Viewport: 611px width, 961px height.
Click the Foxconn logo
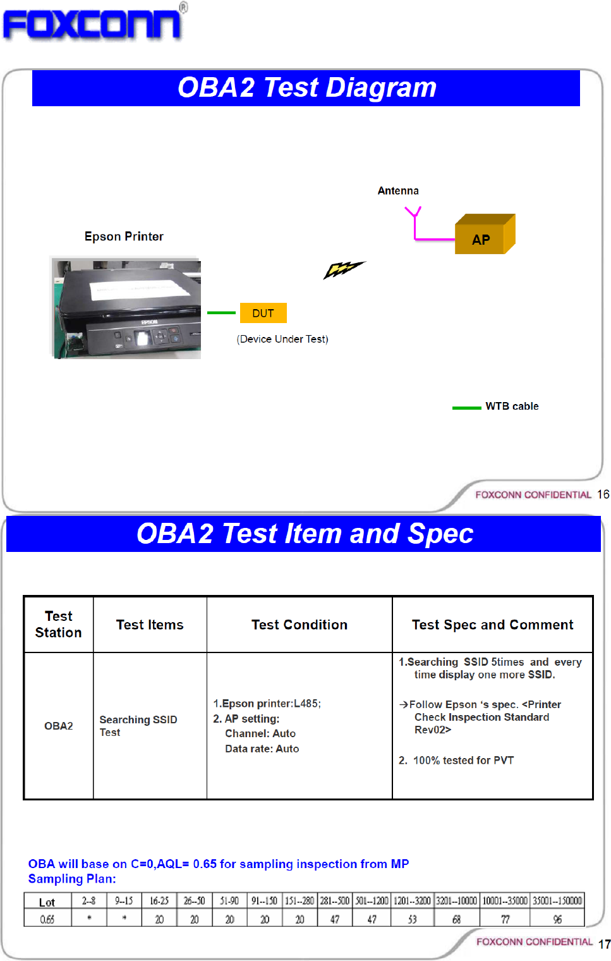[92, 24]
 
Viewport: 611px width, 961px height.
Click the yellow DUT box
[263, 313]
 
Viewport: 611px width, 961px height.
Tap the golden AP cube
[484, 235]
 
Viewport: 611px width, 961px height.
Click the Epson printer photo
[126, 308]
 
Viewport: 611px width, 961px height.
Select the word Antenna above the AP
[398, 191]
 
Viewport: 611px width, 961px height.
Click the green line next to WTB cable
[466, 408]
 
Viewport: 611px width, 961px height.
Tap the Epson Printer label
[124, 236]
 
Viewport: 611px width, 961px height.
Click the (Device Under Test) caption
[282, 339]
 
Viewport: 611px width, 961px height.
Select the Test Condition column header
[299, 625]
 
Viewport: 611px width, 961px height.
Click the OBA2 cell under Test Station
[59, 726]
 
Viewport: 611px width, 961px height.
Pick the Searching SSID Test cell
[138, 726]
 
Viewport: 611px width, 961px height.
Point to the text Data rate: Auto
[262, 749]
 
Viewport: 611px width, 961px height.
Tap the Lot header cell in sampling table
[47, 902]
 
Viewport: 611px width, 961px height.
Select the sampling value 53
[412, 919]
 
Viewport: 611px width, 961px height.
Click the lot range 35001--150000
[557, 901]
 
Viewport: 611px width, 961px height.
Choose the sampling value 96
[557, 919]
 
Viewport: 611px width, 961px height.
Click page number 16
[603, 494]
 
